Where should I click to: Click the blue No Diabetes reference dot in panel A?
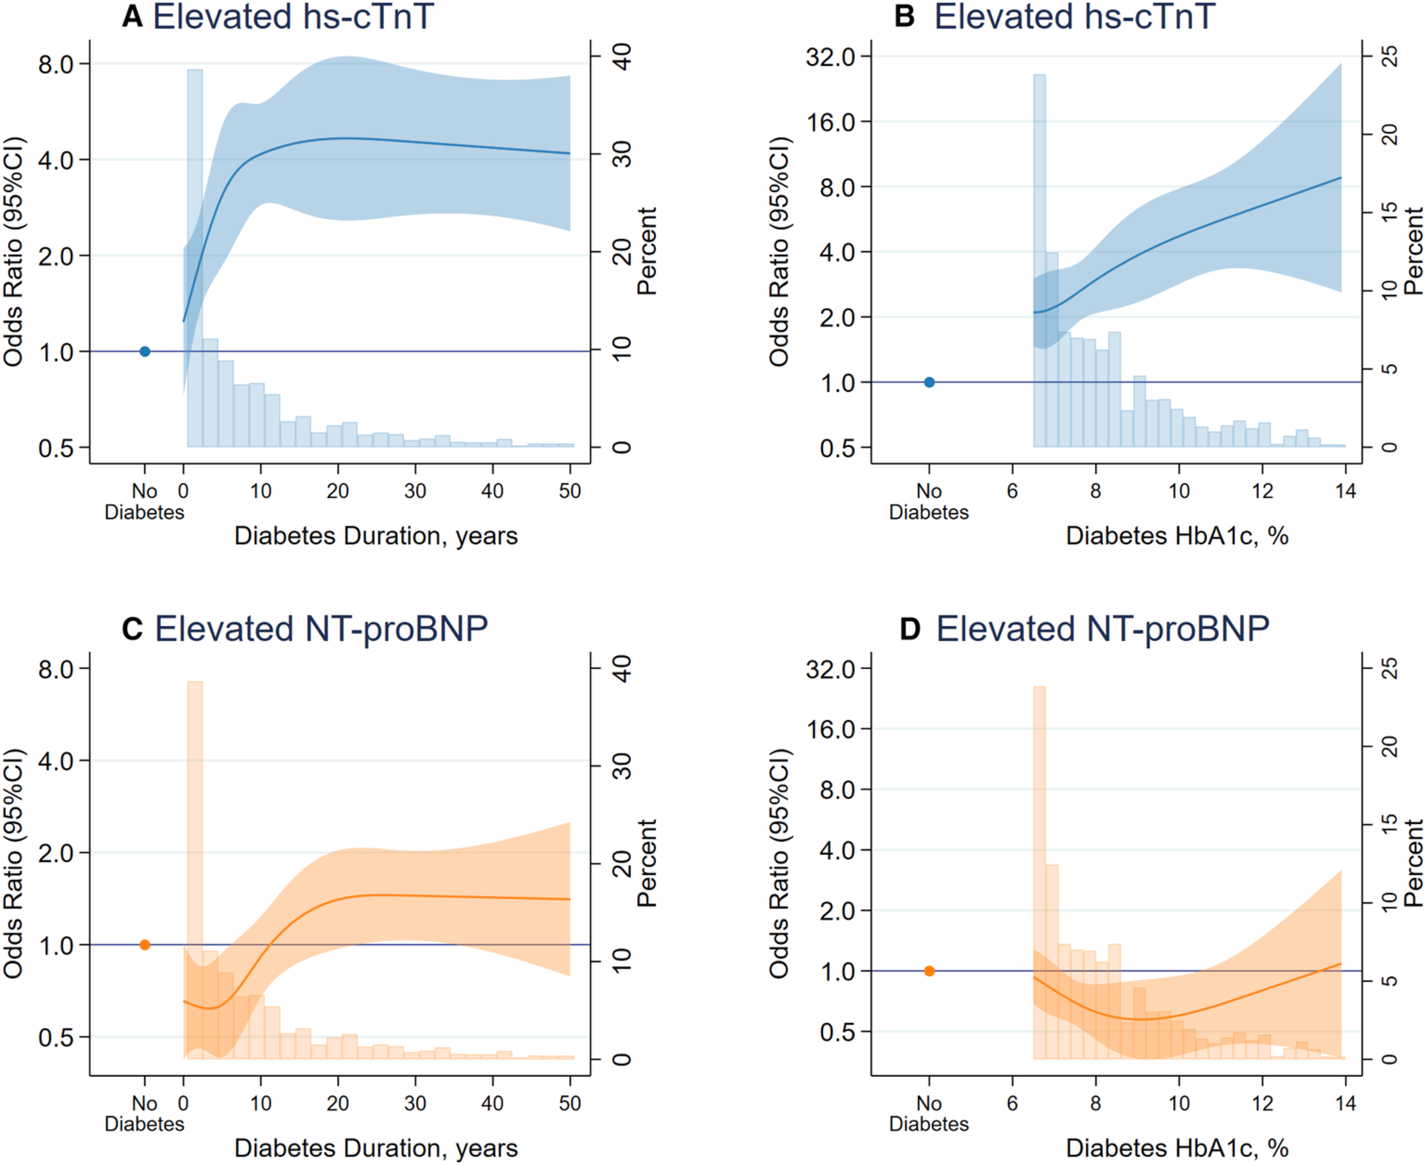145,351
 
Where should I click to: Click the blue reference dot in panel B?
929,383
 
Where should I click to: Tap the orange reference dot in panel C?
145,945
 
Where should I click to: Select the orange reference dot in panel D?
929,971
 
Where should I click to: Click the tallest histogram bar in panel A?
194,258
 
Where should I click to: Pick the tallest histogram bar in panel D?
1039,872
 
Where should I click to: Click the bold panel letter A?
132,17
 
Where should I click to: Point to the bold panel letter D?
909,629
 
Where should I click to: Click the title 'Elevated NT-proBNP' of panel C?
321,629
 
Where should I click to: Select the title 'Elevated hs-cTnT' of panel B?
1075,17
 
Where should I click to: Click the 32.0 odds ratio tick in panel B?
830,56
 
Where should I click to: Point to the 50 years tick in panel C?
570,1103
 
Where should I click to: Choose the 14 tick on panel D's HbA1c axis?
1346,1103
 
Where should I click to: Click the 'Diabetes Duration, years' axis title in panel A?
376,536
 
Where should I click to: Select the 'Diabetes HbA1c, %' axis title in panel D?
1177,1148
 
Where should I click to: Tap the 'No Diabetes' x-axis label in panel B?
929,502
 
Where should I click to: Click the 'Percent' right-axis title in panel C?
647,863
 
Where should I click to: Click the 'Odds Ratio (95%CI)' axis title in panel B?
779,251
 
